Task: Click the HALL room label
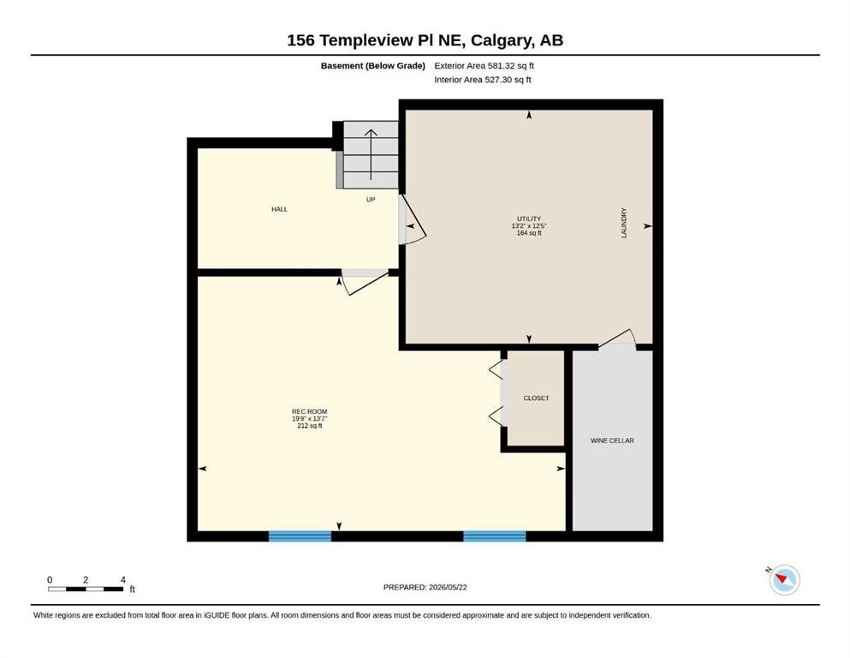[279, 209]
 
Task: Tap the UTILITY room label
[529, 218]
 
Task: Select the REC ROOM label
[310, 412]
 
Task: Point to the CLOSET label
[536, 398]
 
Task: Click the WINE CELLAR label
[612, 440]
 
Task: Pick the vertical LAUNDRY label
[623, 223]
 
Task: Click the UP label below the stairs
[371, 200]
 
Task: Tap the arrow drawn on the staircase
[371, 154]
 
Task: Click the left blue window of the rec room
[300, 536]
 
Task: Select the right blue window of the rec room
[495, 536]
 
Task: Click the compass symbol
[784, 579]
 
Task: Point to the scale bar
[86, 589]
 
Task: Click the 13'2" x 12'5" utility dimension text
[529, 225]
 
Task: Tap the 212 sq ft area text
[310, 426]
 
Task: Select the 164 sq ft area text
[529, 233]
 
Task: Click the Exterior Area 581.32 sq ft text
[484, 66]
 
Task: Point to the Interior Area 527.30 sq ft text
[483, 79]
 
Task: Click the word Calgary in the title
[502, 40]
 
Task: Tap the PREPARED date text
[425, 587]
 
